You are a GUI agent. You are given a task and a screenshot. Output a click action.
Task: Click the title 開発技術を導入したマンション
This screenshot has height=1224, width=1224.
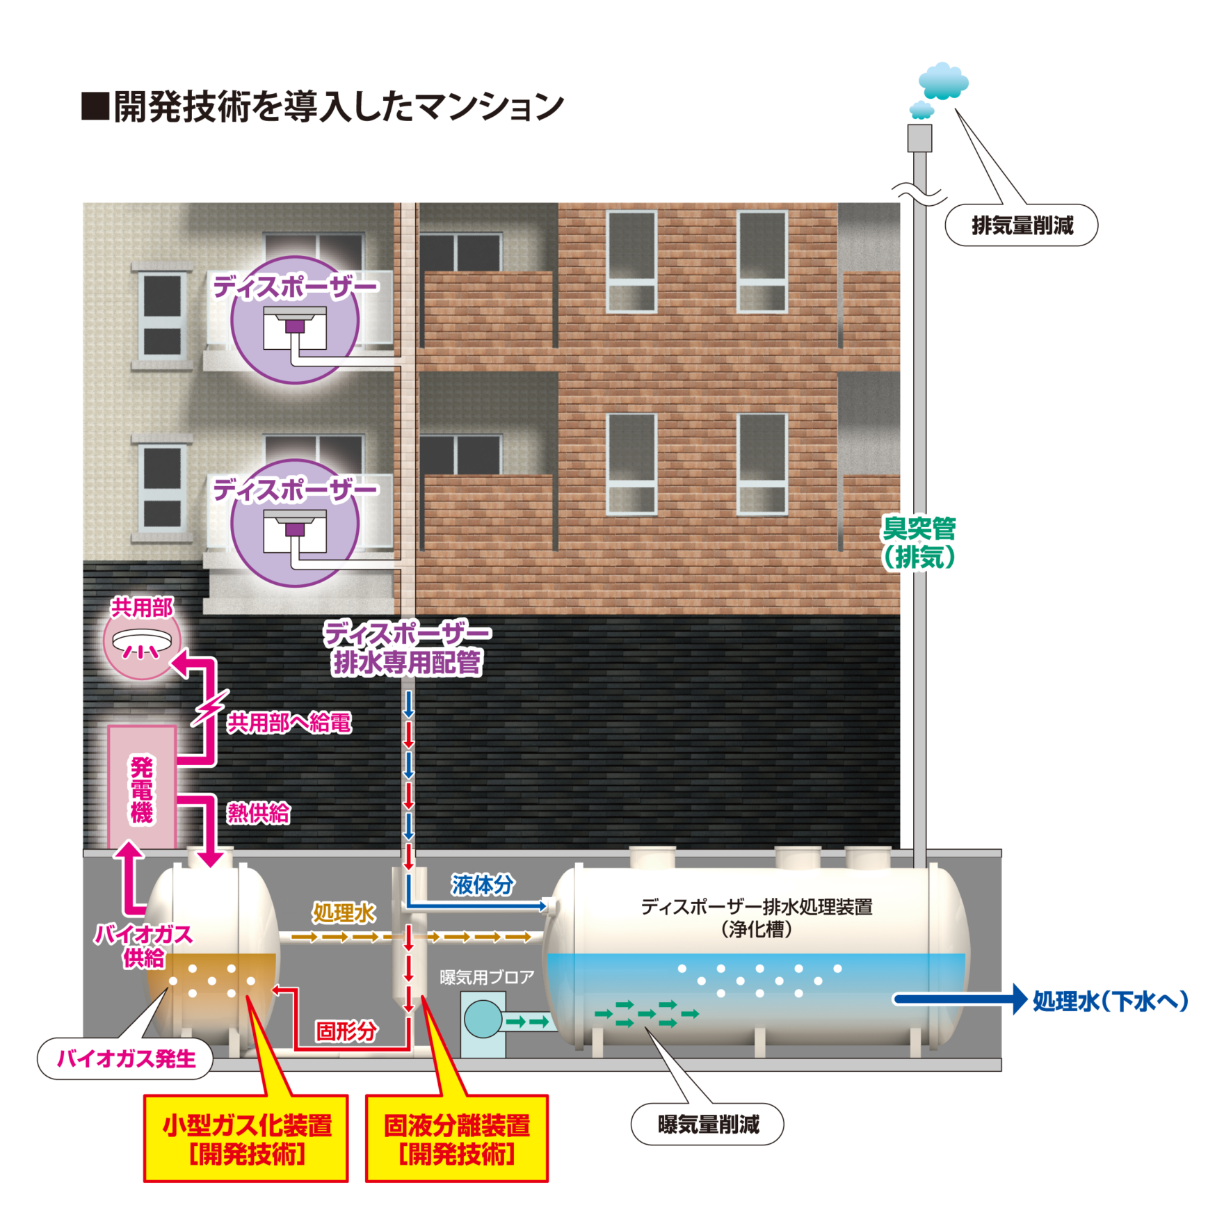[337, 108]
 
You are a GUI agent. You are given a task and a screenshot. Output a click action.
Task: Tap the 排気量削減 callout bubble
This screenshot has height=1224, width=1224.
[1021, 225]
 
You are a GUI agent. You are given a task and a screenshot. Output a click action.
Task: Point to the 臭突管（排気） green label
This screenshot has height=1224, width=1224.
[919, 543]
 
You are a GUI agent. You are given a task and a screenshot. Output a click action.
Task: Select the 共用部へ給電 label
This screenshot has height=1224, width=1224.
[289, 723]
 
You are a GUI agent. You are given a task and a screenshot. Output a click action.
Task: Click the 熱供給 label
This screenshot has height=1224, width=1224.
[258, 813]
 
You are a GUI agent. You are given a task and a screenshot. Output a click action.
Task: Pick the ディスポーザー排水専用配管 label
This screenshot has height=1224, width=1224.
[408, 648]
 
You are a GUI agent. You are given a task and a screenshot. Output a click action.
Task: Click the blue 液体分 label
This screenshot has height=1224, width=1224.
[482, 885]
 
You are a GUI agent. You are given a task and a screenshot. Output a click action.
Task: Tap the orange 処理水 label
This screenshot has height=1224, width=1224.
[344, 912]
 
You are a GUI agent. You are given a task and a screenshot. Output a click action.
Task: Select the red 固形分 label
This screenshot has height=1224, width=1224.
[346, 1031]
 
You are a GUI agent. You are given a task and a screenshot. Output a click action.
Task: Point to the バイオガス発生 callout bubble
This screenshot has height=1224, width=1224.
[125, 1059]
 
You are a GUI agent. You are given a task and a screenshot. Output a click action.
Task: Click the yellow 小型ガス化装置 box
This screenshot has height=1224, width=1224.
[245, 1138]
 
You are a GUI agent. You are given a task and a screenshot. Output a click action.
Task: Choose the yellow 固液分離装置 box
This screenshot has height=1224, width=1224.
[457, 1138]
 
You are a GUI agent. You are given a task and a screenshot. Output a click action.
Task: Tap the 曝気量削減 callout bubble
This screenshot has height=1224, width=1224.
[707, 1125]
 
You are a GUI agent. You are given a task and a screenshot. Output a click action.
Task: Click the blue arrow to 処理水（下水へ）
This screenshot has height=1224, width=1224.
[960, 999]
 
